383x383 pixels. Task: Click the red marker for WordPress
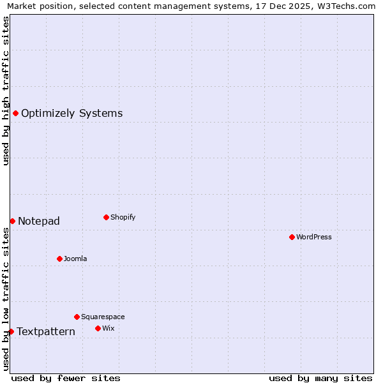292,237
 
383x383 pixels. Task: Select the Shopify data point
106,217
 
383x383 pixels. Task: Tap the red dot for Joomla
59,259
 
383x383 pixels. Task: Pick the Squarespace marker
77,317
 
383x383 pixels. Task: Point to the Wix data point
98,328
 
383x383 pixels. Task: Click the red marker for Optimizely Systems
15,113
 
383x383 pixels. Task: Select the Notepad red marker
12,221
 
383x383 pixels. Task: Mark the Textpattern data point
11,331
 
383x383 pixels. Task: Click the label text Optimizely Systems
71,114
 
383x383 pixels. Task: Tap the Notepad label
39,222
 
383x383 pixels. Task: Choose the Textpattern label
46,332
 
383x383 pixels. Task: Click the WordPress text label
314,237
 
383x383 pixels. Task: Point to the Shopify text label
123,218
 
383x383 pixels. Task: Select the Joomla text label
75,259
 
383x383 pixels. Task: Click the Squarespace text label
103,317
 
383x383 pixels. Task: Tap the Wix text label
109,329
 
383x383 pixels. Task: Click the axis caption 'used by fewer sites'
66,378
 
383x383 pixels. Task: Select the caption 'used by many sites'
320,378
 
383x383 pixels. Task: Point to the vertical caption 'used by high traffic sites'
6,91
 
